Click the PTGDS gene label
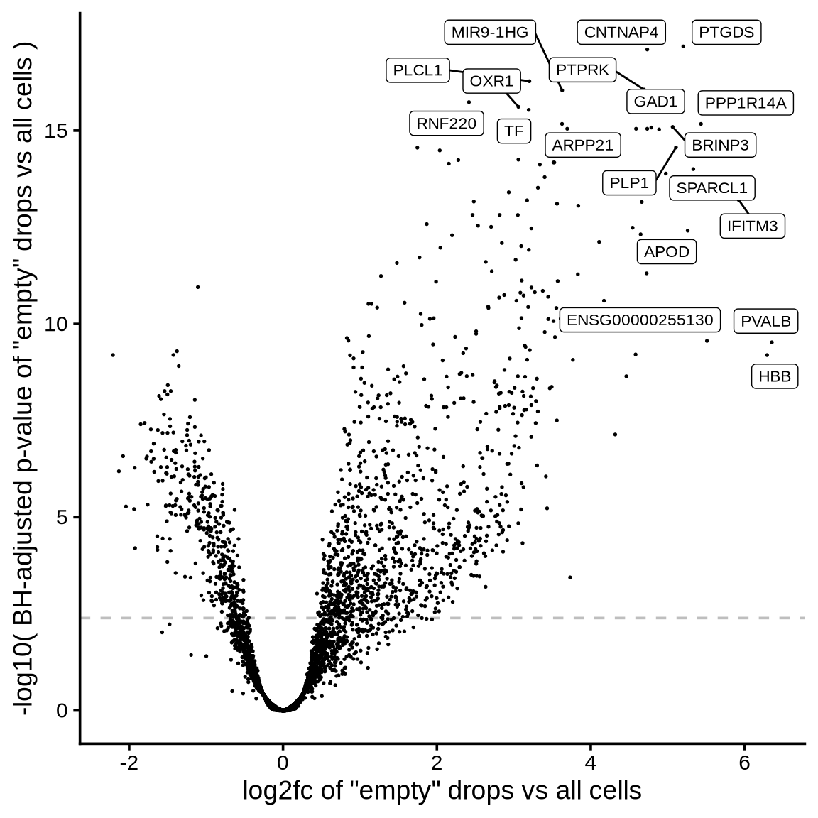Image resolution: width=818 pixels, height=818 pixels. [726, 33]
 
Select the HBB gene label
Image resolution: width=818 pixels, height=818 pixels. [775, 376]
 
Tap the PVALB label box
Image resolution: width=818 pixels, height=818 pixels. [765, 321]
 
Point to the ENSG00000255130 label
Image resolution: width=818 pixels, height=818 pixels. [640, 320]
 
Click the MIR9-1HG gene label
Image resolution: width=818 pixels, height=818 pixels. [490, 33]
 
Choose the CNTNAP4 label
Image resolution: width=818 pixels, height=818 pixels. [621, 33]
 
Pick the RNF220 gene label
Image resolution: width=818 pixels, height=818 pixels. [447, 124]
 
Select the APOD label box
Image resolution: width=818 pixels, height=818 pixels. [666, 252]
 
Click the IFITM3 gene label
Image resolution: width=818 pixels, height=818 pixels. [753, 227]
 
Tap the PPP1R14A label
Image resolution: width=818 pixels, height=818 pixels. [745, 104]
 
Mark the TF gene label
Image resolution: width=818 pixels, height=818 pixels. [513, 131]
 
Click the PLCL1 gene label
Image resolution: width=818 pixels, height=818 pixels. [418, 70]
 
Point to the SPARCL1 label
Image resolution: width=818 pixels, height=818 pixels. [711, 188]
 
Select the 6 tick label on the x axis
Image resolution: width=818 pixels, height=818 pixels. [744, 763]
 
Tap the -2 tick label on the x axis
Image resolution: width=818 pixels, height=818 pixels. [129, 763]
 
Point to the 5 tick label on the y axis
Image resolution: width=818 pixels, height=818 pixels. [62, 517]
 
